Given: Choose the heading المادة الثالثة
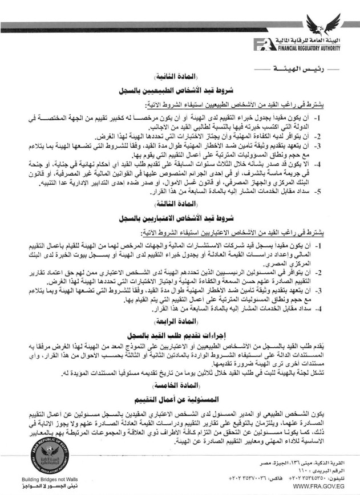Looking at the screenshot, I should (180, 205).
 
